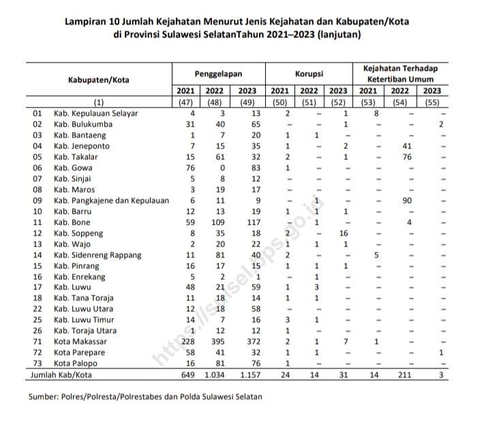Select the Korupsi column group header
point(309,72)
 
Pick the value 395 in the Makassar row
point(217,341)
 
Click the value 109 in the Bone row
point(217,222)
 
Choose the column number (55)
point(431,102)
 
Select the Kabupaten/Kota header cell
point(99,79)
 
